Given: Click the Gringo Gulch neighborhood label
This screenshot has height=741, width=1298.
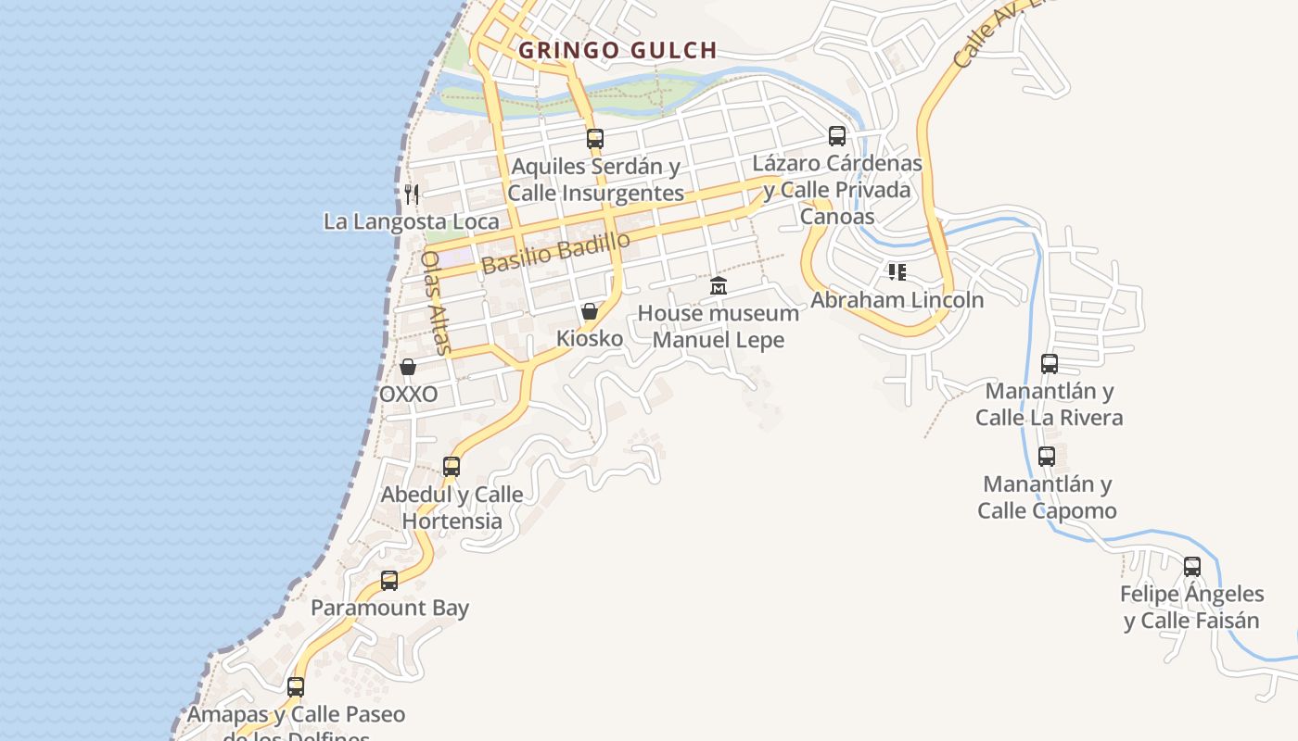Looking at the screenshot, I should [x=617, y=50].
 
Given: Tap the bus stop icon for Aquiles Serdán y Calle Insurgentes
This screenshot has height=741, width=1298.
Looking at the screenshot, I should [x=595, y=139].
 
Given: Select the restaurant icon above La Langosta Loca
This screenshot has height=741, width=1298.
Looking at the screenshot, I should [x=412, y=194].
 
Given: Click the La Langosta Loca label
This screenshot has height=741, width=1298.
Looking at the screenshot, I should [x=411, y=221].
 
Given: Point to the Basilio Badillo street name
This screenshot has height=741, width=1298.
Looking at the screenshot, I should [x=555, y=252].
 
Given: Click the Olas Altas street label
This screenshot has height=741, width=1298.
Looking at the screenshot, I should [x=435, y=302].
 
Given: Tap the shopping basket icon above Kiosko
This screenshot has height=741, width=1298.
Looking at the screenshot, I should [x=590, y=311].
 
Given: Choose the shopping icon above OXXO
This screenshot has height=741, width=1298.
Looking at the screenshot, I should [x=408, y=367].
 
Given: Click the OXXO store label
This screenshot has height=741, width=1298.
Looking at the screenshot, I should [x=408, y=395].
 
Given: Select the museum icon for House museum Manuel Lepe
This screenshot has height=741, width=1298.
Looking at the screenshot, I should [x=719, y=286].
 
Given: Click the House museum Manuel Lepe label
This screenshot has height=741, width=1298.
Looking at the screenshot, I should [x=719, y=326].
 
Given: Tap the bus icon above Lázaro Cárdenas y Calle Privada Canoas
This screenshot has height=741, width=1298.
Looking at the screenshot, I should [x=837, y=136].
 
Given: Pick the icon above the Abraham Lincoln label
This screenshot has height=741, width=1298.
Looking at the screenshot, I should [x=897, y=272].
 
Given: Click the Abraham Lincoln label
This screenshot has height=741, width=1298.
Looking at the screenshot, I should [x=897, y=300].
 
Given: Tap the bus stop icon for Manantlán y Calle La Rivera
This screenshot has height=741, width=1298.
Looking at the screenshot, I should [x=1050, y=364].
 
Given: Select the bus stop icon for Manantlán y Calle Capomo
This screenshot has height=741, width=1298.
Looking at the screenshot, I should [x=1047, y=457].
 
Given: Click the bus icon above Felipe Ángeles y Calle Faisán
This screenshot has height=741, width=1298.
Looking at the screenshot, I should [x=1192, y=566].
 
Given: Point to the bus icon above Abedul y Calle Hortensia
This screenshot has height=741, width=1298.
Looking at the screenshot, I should [x=452, y=467].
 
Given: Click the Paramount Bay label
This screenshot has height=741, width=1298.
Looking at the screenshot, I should [x=389, y=609].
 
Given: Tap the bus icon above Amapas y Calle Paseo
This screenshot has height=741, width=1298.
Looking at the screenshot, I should [x=296, y=687].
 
